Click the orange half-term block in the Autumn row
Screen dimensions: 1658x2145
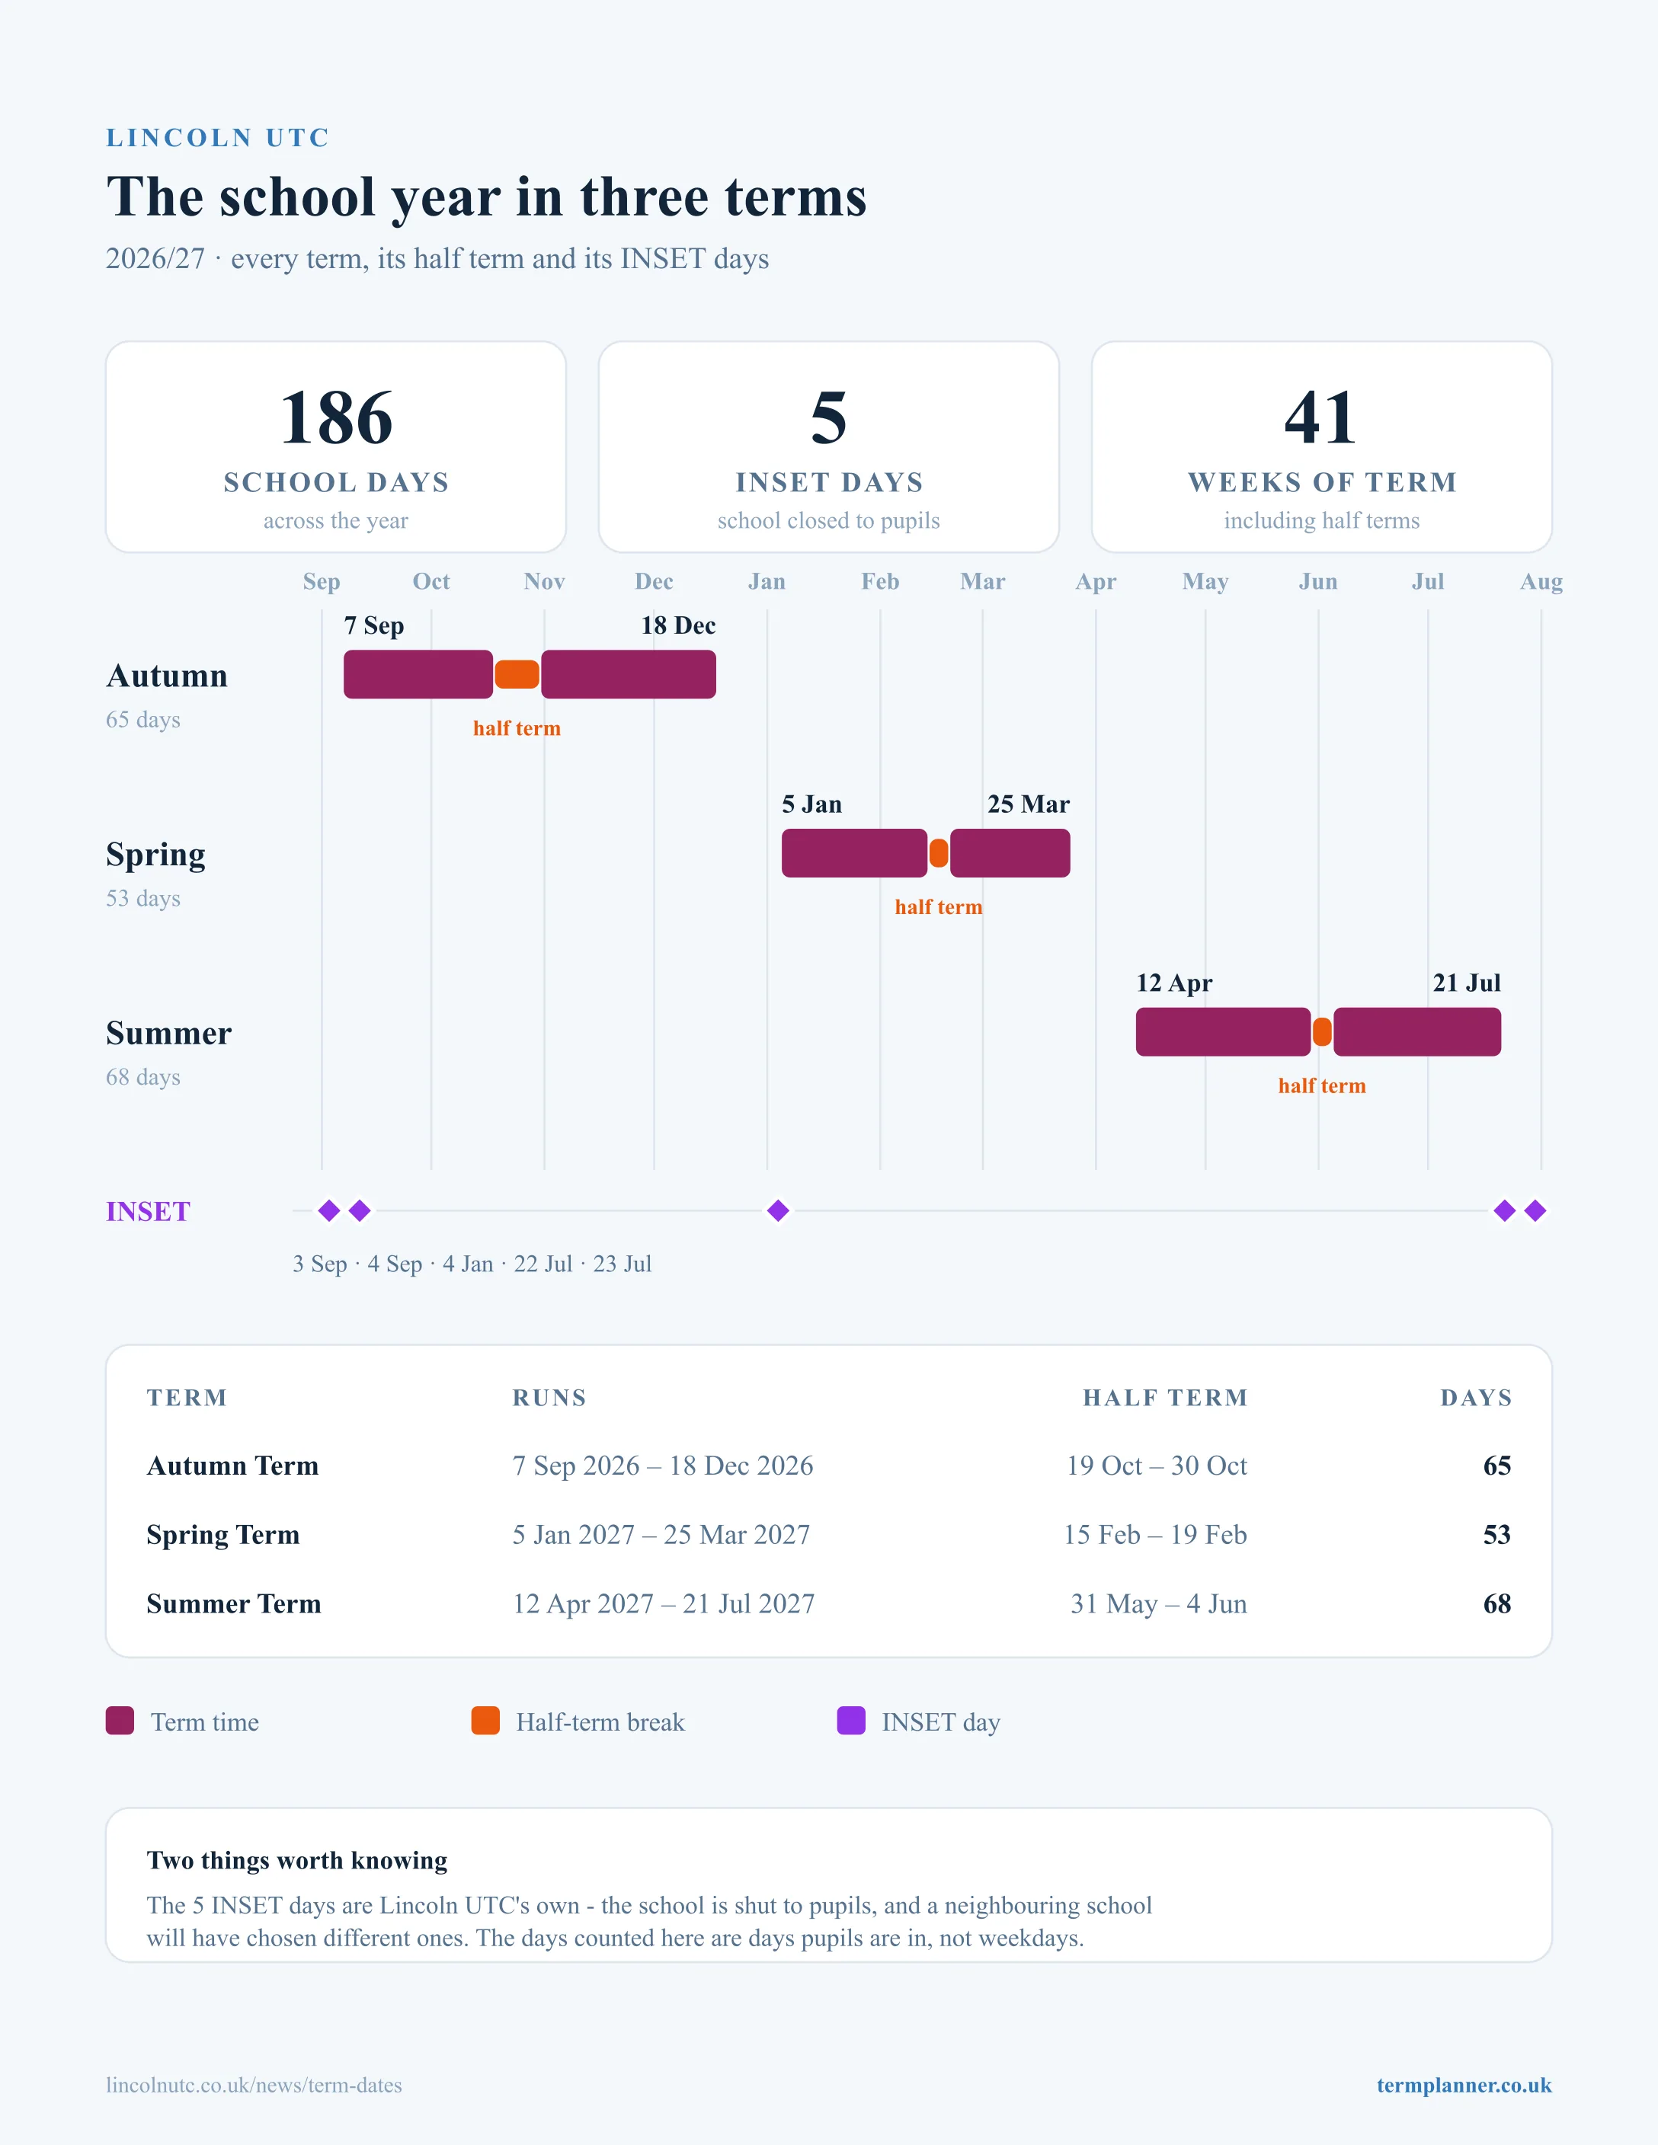click(517, 675)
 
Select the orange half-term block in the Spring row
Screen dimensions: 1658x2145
click(939, 853)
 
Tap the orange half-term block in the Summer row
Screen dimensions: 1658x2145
click(1322, 1032)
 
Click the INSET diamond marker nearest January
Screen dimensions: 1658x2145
click(778, 1211)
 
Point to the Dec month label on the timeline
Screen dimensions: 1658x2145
click(655, 581)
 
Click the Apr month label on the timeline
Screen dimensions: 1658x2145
click(1096, 581)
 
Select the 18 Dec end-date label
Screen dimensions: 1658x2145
click(677, 625)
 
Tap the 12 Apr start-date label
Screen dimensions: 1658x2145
click(1173, 983)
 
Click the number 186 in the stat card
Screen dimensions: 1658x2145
click(336, 418)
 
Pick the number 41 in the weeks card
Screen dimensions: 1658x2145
click(1321, 418)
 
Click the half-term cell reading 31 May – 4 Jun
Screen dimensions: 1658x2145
click(1158, 1604)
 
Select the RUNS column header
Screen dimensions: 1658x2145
click(549, 1398)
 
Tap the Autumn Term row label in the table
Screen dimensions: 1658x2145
click(233, 1466)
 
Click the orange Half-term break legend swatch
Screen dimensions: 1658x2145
click(485, 1721)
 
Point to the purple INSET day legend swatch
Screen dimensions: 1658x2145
click(850, 1721)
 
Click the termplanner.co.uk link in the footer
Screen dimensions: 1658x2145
click(1464, 2085)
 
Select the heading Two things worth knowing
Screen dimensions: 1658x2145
click(296, 1860)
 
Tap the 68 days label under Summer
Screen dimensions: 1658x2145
click(143, 1077)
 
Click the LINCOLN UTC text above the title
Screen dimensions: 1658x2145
click(217, 138)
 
